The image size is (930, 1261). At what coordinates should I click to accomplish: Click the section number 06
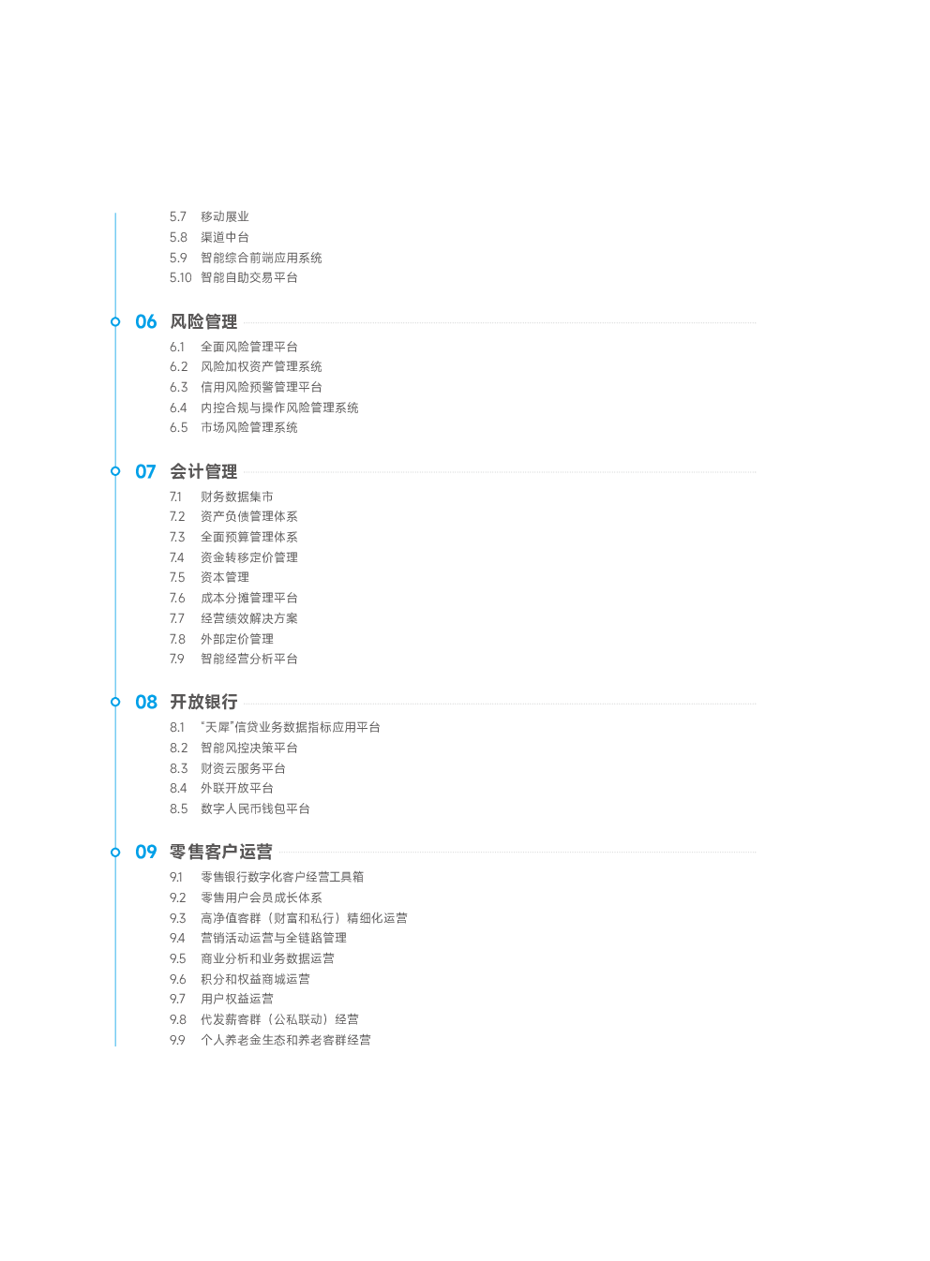point(146,322)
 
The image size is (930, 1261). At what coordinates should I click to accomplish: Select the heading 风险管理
point(204,322)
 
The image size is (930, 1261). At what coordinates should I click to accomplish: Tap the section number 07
point(145,472)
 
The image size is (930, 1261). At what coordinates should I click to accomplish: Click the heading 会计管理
point(204,472)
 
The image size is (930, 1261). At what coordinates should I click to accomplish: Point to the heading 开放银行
point(204,702)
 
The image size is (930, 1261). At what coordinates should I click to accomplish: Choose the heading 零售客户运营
point(221,852)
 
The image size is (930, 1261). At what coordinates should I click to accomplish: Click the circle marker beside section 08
point(115,702)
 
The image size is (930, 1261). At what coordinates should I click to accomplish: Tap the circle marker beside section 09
point(115,853)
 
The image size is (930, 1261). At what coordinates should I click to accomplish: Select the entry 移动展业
point(225,216)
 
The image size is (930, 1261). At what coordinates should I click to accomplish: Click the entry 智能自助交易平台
point(249,277)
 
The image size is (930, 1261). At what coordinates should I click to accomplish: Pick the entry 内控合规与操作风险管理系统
point(279,408)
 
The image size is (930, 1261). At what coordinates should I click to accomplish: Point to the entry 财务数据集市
point(237,497)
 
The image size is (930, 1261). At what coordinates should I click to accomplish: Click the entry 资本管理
point(225,578)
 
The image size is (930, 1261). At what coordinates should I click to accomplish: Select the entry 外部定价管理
point(237,639)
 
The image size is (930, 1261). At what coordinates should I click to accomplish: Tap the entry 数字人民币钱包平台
point(255,809)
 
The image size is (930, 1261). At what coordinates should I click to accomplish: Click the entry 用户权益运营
point(237,1000)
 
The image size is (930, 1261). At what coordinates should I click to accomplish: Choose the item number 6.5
point(178,428)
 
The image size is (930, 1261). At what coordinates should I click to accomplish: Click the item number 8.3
point(178,768)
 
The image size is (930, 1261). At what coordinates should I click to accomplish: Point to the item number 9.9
point(177,1040)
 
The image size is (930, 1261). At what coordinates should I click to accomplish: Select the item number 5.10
point(181,277)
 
